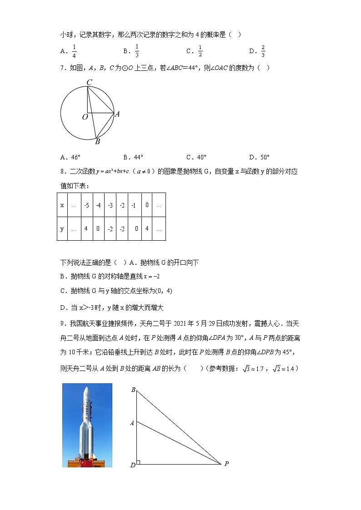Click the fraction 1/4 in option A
click(x=74, y=51)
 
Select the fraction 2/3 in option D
click(x=263, y=51)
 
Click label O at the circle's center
click(x=85, y=117)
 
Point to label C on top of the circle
click(x=90, y=82)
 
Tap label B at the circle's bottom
click(x=97, y=142)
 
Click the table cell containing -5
click(x=86, y=205)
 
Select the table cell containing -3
click(x=110, y=205)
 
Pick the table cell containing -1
click(x=134, y=205)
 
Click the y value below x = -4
click(x=98, y=228)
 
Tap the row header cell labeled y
click(x=62, y=228)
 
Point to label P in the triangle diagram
click(x=226, y=464)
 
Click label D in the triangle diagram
click(x=133, y=465)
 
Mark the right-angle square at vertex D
click(x=138, y=462)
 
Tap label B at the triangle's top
click(x=133, y=390)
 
